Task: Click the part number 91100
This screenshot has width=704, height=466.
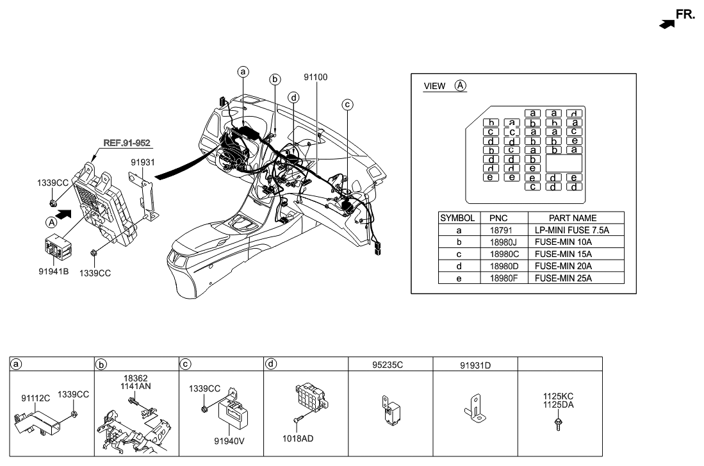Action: pos(315,78)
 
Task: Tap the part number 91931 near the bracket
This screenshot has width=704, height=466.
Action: pos(143,163)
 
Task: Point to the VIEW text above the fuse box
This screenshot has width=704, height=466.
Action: pos(435,87)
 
